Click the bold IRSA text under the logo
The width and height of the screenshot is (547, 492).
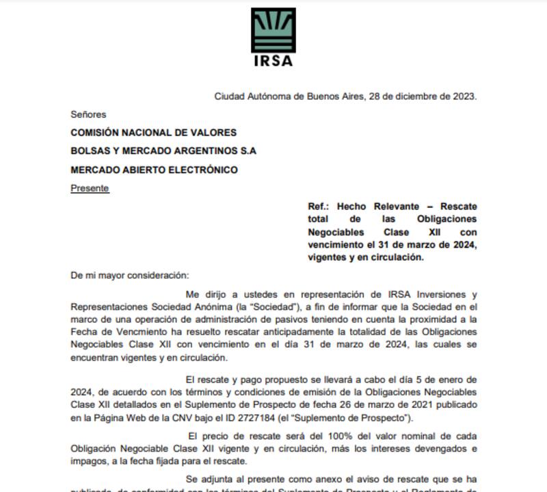coord(273,60)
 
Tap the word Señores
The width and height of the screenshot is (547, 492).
coord(88,114)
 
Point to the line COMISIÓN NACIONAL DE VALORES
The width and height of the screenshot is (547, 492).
coord(154,132)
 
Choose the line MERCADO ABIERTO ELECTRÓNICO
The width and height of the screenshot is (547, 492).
coord(155,169)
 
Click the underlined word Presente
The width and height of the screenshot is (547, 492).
coord(90,187)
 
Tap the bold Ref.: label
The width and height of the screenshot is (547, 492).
coord(319,206)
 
